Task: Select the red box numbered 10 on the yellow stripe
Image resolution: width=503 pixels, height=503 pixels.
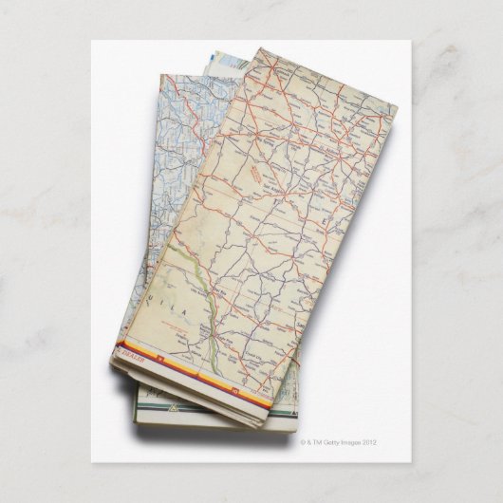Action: tap(233, 389)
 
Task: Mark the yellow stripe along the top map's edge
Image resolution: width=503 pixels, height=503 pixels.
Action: tap(199, 376)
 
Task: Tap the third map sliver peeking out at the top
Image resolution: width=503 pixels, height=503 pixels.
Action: tap(214, 60)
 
